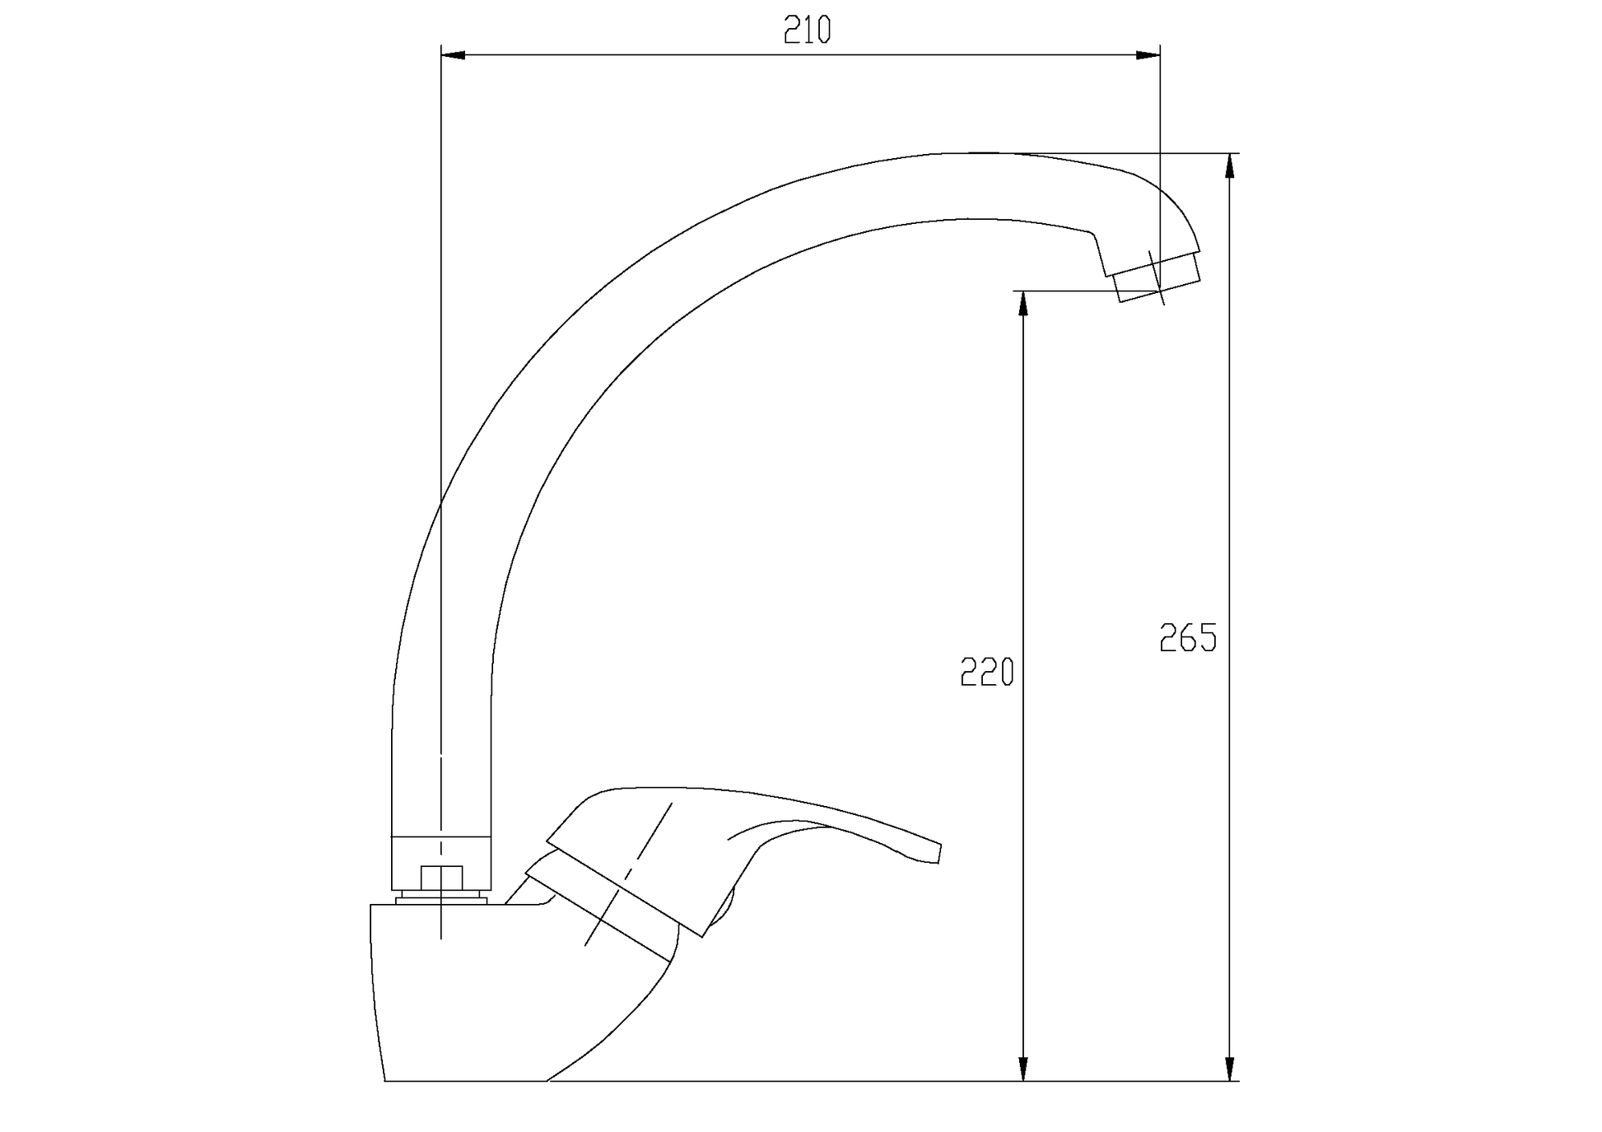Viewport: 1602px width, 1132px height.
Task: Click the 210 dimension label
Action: coord(807,30)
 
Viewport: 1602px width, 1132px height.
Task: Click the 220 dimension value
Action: coord(987,673)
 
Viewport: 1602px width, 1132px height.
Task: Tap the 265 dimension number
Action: coord(1188,638)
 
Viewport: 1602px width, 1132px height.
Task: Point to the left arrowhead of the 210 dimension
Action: coord(454,55)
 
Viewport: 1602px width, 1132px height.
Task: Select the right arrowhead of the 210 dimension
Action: coord(1148,55)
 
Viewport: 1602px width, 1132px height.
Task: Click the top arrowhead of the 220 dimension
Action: coord(1023,304)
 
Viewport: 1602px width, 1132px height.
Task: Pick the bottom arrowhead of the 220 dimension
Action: coord(1023,1069)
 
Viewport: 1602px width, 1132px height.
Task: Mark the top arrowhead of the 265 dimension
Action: coord(1230,165)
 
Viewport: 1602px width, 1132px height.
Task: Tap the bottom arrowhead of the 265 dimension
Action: coord(1230,1069)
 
